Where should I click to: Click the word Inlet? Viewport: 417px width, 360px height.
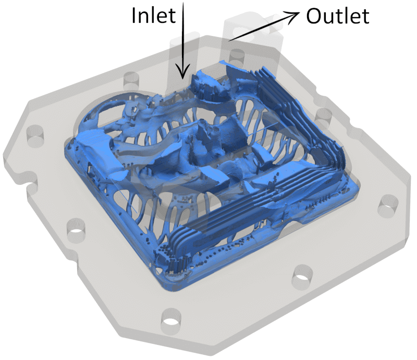(x=154, y=16)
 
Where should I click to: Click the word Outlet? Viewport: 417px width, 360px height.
(x=337, y=16)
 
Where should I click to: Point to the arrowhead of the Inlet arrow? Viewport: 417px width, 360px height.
(x=183, y=72)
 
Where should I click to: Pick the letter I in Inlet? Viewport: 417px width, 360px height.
(x=133, y=16)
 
